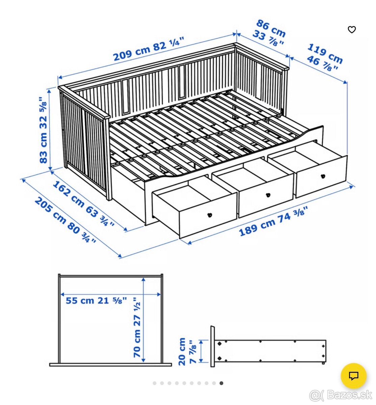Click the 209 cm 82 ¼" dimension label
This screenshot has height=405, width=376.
(x=149, y=49)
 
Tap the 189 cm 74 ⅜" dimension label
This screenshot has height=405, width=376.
(x=273, y=222)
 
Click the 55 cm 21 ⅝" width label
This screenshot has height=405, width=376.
(x=96, y=300)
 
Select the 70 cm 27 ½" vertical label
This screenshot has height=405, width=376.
(x=137, y=327)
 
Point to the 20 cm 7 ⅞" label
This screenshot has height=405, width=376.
(x=187, y=351)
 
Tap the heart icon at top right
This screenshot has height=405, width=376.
(x=352, y=30)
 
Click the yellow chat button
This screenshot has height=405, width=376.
(x=353, y=376)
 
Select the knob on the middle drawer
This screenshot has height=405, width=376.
(x=268, y=195)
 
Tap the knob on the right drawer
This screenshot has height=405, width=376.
(x=323, y=176)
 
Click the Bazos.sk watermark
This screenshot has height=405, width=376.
(x=341, y=394)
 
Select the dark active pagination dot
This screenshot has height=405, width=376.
(x=221, y=383)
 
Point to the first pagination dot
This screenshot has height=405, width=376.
(x=155, y=383)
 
